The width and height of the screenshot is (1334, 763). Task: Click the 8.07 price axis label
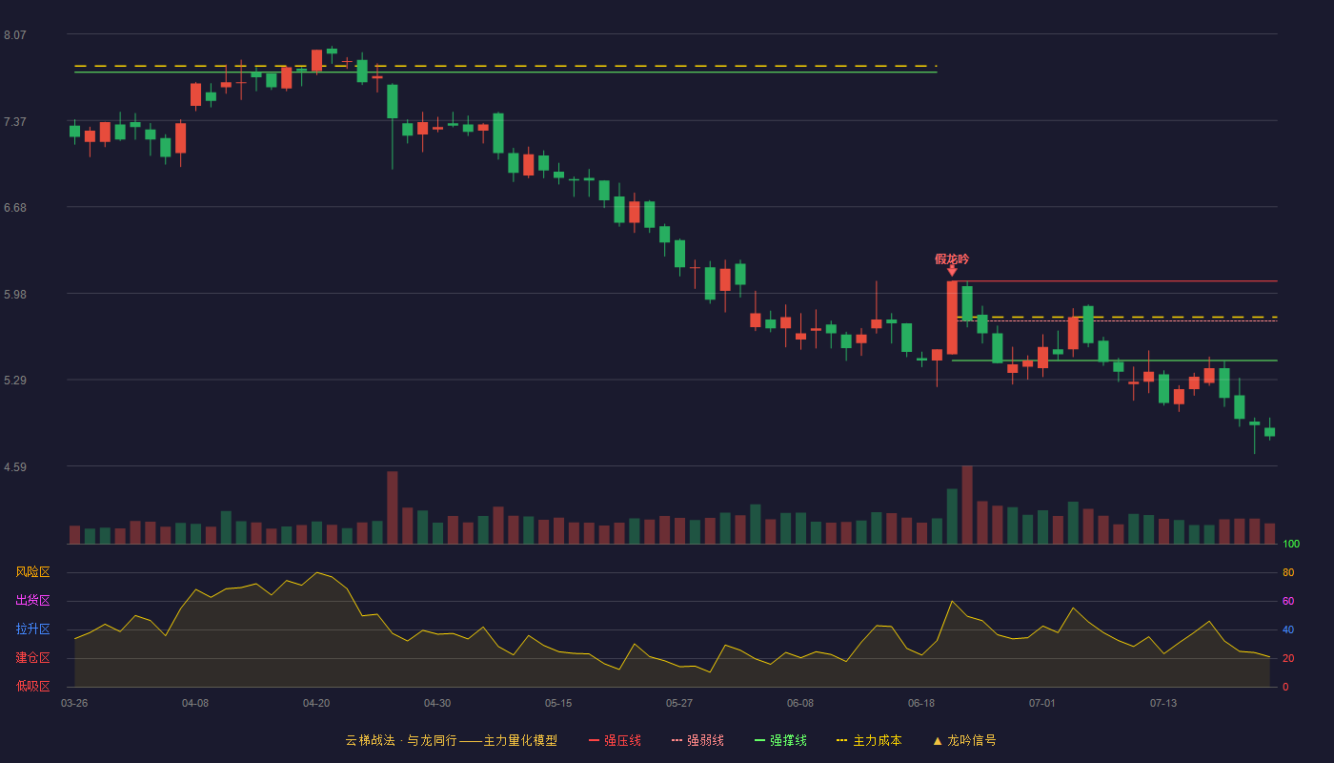point(15,35)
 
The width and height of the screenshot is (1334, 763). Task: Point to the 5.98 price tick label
point(15,295)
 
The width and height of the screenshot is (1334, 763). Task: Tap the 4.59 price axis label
point(15,467)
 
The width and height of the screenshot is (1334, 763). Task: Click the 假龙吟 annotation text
point(952,258)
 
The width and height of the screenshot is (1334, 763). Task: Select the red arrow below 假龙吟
point(952,271)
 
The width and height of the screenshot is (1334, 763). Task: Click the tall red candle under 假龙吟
point(952,318)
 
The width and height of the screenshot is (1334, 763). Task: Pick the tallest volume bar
point(967,505)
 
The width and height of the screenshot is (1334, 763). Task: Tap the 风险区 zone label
point(32,572)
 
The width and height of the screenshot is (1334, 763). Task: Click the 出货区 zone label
point(32,600)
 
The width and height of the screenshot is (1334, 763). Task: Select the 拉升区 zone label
point(32,629)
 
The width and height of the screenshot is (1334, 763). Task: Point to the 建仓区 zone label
point(32,657)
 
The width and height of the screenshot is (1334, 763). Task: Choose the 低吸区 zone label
point(32,686)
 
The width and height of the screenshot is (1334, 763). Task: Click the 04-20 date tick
point(316,704)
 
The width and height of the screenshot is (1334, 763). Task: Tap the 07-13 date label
point(1163,704)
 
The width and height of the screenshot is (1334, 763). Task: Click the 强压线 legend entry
point(615,740)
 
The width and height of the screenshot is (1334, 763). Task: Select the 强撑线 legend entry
point(780,740)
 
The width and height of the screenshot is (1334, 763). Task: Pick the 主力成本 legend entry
point(869,740)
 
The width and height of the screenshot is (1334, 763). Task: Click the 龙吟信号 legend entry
point(964,740)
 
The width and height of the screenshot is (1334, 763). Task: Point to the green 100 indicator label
point(1291,544)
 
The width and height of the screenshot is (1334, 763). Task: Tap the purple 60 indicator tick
point(1288,601)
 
